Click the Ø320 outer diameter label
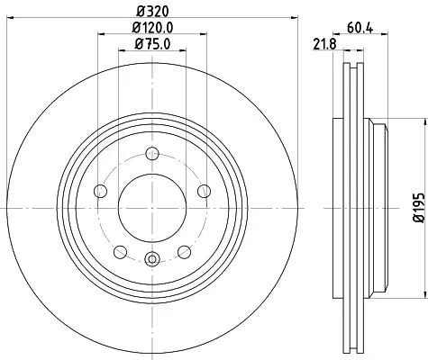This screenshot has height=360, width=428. [150, 10]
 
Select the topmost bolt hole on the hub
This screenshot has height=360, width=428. [151, 152]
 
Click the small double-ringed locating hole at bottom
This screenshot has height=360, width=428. [151, 261]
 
